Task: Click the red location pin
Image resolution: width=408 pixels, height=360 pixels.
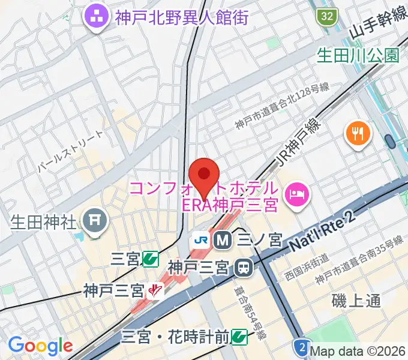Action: tap(205, 175)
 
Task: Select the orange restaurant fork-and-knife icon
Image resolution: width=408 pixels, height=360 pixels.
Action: tap(358, 133)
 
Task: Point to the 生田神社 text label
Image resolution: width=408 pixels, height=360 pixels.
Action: tap(44, 223)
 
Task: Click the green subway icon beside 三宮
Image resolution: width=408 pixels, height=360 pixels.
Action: tap(150, 259)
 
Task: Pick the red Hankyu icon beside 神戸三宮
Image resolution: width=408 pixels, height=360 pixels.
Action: tap(155, 291)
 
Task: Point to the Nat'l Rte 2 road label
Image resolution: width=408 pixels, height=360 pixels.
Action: tap(321, 233)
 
